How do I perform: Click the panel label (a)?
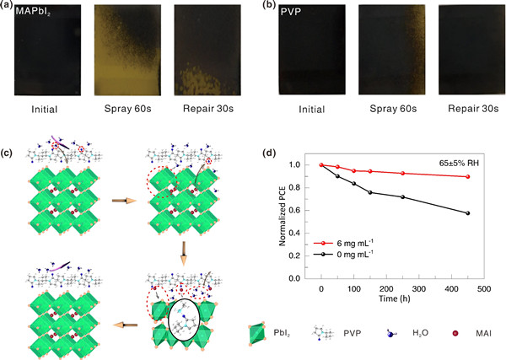click(8, 7)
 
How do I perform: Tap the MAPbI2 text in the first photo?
click(34, 14)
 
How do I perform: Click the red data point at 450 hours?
click(467, 176)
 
